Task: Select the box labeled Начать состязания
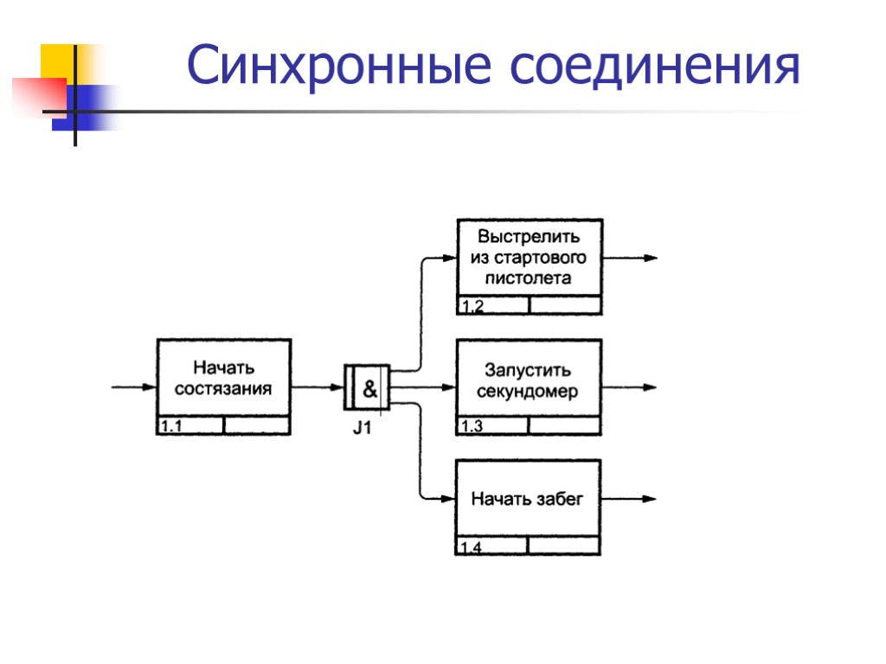223,379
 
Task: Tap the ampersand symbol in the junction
369,389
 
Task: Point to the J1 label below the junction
362,427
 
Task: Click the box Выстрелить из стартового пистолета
529,258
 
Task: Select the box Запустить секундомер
528,380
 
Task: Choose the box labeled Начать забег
528,499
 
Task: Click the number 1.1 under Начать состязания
172,425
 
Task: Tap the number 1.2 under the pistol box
472,306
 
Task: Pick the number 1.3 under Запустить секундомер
472,426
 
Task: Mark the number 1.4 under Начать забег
472,546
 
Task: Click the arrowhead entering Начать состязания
150,387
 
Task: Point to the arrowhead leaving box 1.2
651,258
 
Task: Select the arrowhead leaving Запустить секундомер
651,387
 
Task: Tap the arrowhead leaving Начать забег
651,499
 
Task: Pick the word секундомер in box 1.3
528,392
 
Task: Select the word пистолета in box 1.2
529,278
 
